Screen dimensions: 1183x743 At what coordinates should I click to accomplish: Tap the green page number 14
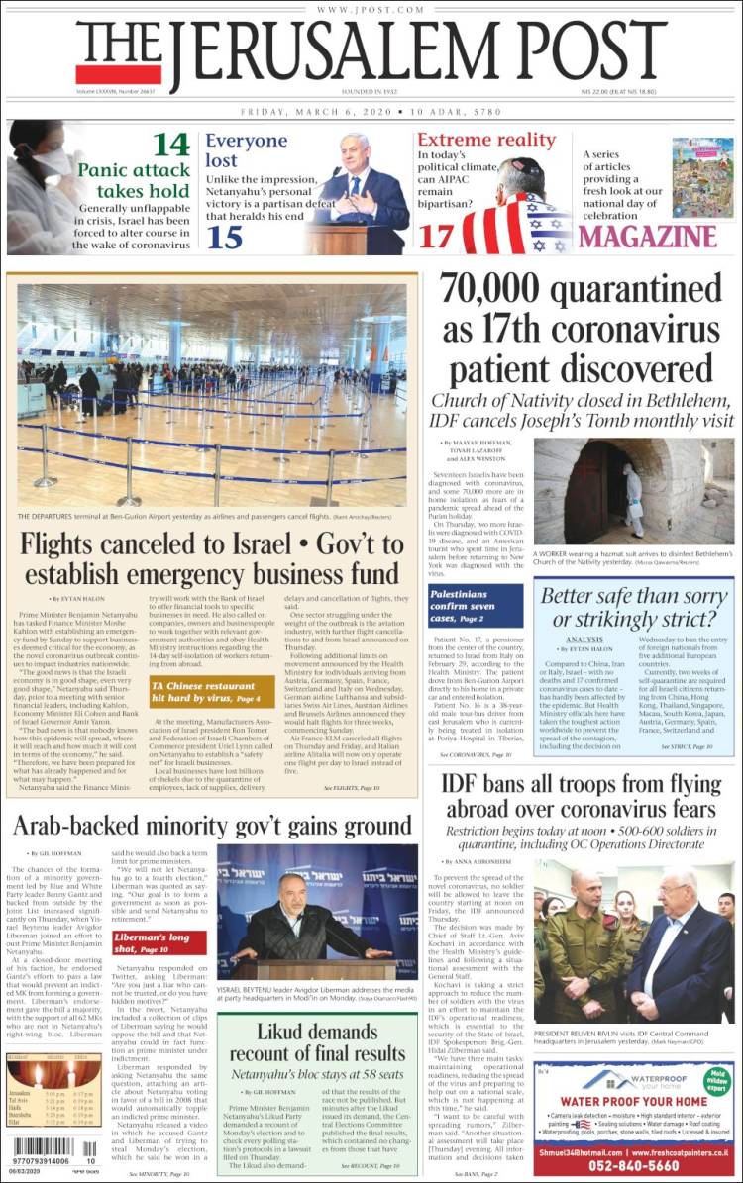(170, 145)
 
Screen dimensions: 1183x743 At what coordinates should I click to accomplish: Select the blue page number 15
(226, 237)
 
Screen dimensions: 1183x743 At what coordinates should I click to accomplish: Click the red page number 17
(436, 237)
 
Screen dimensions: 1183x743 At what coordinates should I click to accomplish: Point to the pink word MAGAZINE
(647, 236)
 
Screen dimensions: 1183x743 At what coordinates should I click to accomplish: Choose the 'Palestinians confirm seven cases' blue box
(476, 604)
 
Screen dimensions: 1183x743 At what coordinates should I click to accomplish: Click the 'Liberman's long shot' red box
(159, 941)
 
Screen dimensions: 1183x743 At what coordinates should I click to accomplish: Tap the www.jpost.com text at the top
(371, 9)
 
